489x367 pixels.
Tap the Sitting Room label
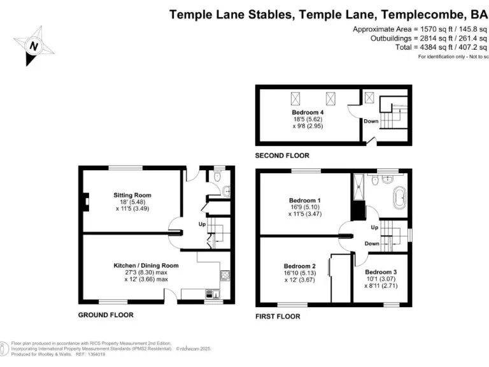pyautogui.click(x=132, y=195)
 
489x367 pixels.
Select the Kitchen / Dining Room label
pyautogui.click(x=146, y=265)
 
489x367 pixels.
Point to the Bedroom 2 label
pyautogui.click(x=299, y=266)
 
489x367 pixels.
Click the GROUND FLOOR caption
pyautogui.click(x=106, y=315)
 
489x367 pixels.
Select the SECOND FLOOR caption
pyautogui.click(x=282, y=155)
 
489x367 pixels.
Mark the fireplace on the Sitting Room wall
pyautogui.click(x=83, y=203)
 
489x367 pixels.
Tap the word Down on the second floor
pyautogui.click(x=371, y=120)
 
